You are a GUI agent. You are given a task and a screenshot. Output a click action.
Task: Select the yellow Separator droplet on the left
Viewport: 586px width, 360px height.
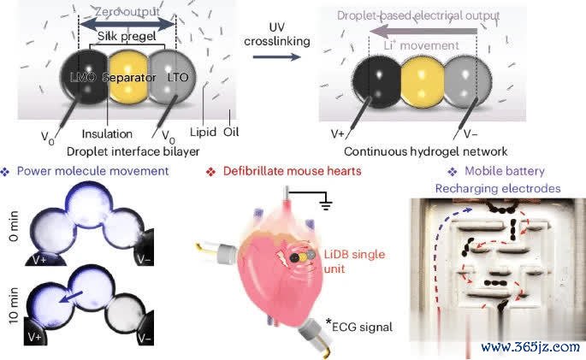click(127, 80)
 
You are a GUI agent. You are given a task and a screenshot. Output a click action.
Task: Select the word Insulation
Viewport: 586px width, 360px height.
click(108, 134)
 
